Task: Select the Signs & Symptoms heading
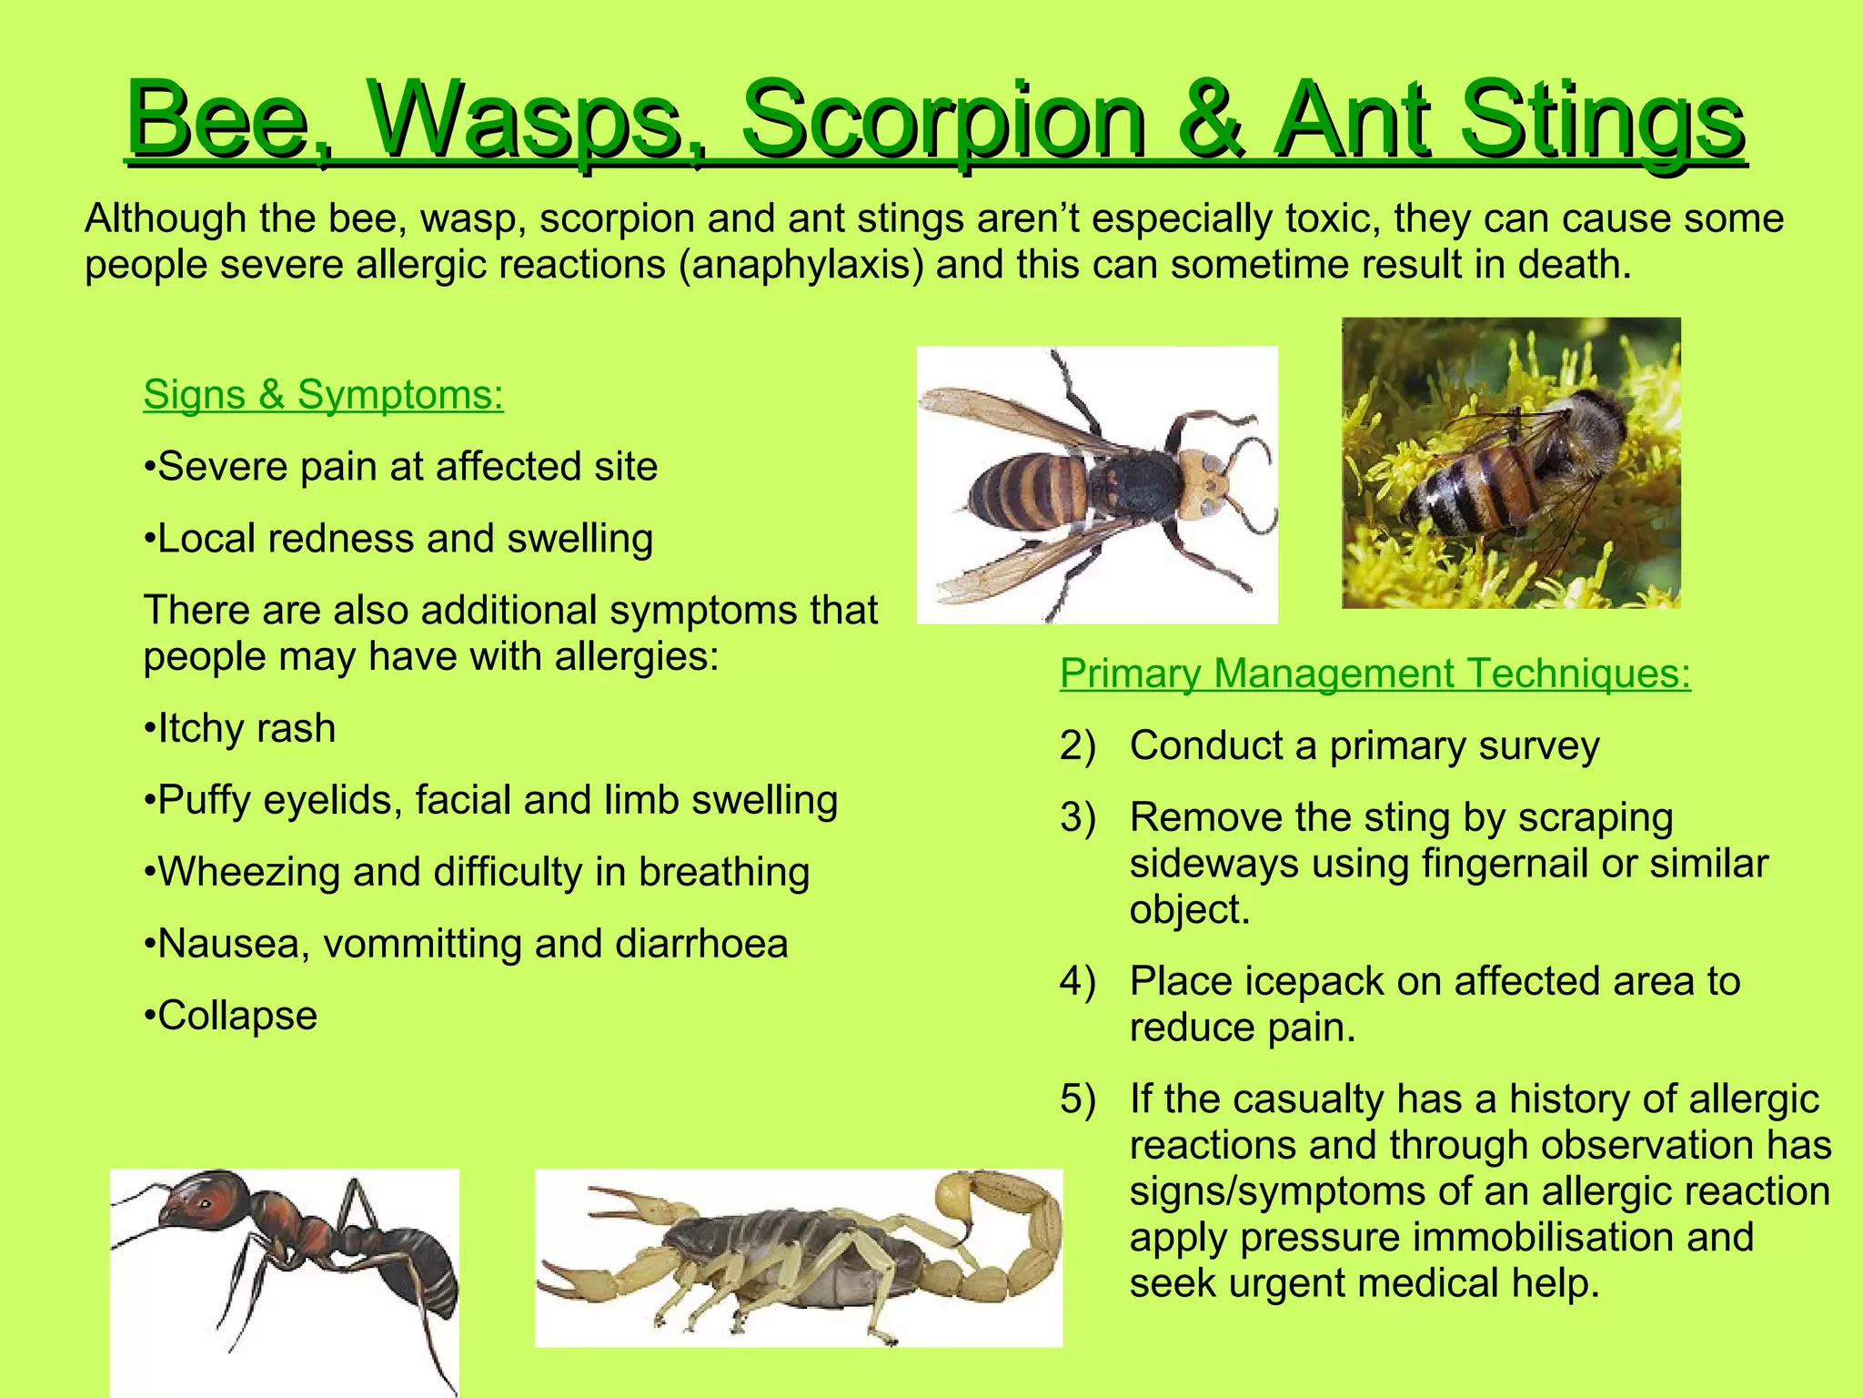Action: point(323,395)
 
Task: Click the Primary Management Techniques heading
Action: point(1375,674)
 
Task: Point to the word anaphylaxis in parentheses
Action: point(801,265)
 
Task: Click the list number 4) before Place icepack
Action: point(1077,982)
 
